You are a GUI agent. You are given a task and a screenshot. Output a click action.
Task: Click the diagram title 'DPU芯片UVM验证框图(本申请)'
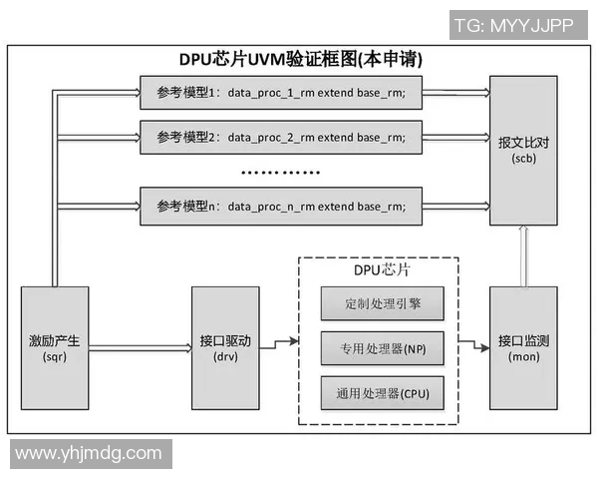(x=300, y=60)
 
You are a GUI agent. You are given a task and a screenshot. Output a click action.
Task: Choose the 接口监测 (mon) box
(x=523, y=348)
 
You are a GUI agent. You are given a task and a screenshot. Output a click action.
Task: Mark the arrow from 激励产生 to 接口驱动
(x=140, y=348)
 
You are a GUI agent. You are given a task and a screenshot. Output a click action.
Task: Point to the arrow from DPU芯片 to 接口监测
(x=472, y=348)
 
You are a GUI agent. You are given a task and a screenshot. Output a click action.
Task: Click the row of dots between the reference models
(x=280, y=172)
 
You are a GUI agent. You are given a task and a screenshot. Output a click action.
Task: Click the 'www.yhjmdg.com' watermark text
(x=88, y=453)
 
